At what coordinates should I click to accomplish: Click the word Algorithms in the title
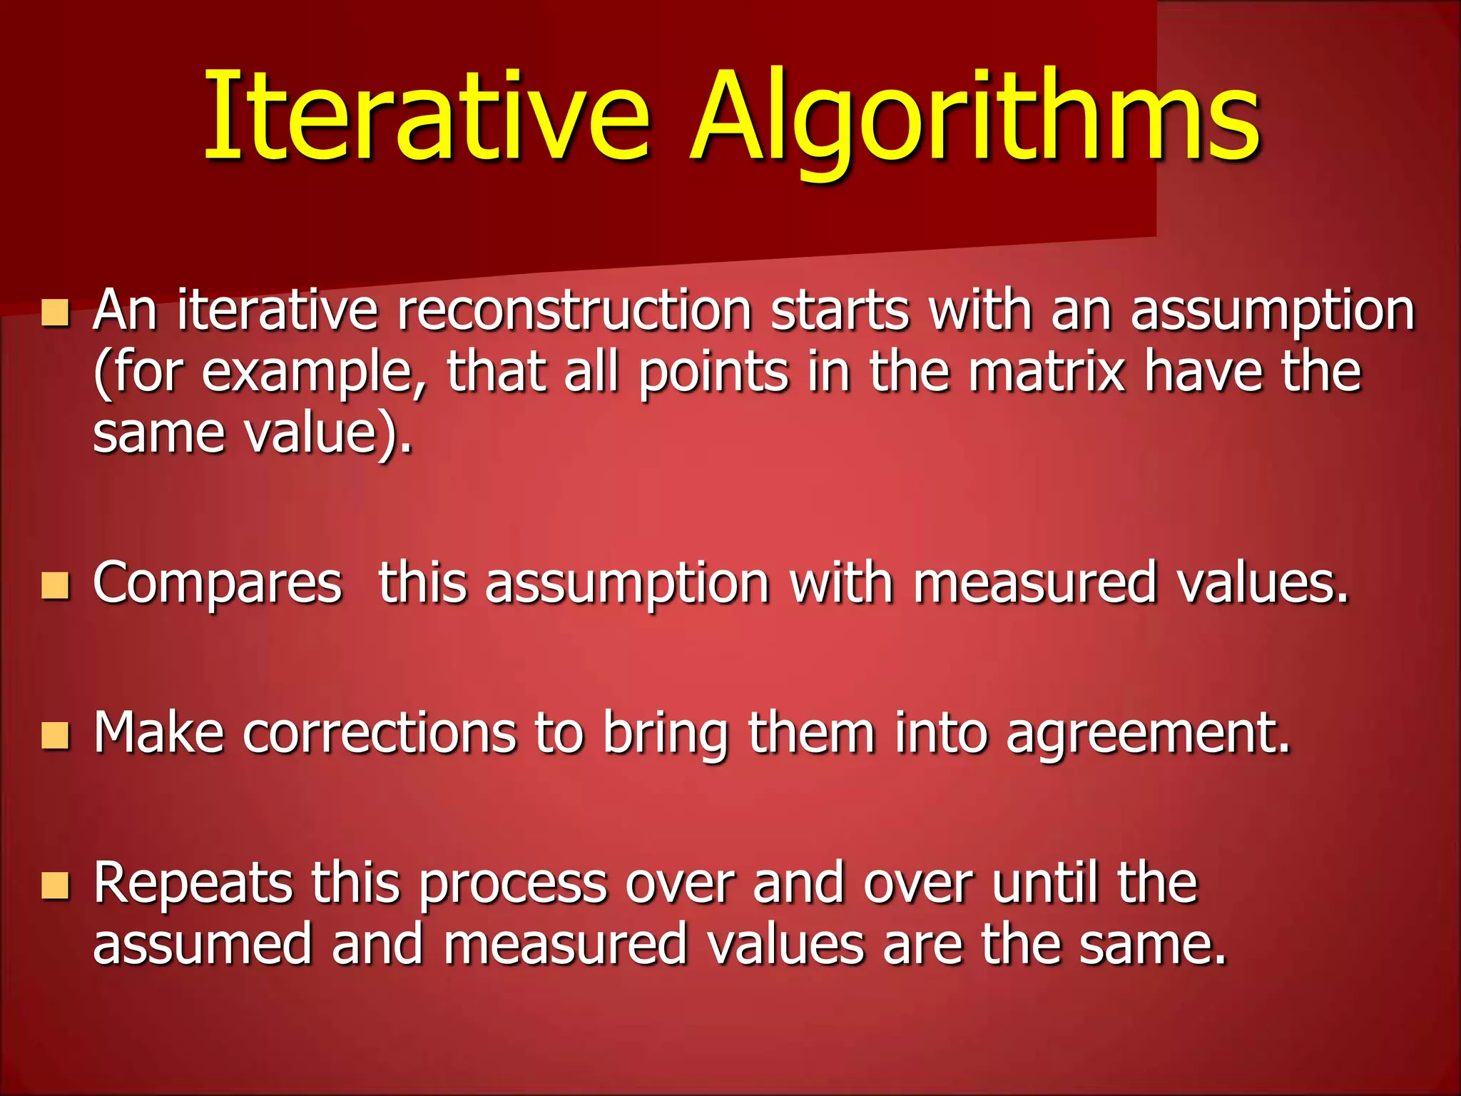tap(974, 118)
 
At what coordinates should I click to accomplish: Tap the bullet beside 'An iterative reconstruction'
tap(56, 313)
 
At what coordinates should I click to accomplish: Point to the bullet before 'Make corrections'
tap(56, 736)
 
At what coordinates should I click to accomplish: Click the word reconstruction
tap(574, 311)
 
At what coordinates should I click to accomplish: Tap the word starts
tap(840, 311)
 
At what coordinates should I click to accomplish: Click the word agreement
tap(1148, 735)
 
